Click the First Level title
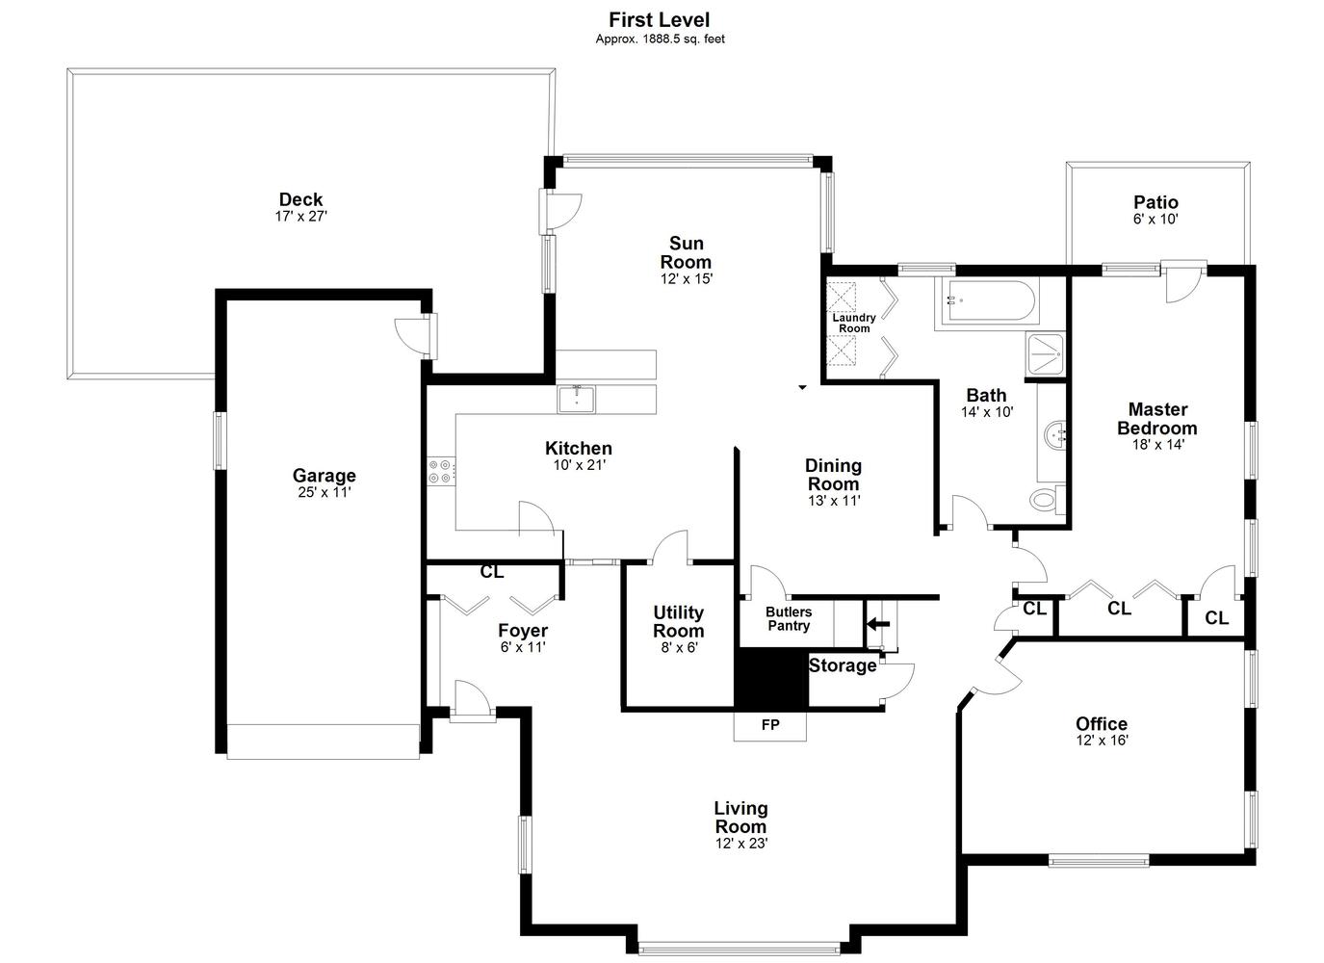(x=659, y=19)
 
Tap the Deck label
(x=300, y=199)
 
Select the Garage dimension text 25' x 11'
(x=325, y=492)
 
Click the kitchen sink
(x=576, y=399)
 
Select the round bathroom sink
(x=1053, y=435)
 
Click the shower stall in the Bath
(x=1046, y=354)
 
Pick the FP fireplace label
(x=770, y=725)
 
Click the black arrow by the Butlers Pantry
(x=878, y=624)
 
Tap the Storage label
(x=843, y=665)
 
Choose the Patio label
(x=1155, y=202)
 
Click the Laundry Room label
(x=854, y=323)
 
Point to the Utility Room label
(x=679, y=621)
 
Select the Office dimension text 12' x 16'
(x=1103, y=741)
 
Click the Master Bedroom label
(x=1157, y=419)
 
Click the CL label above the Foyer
(x=492, y=572)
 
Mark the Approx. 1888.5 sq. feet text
(x=660, y=39)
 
